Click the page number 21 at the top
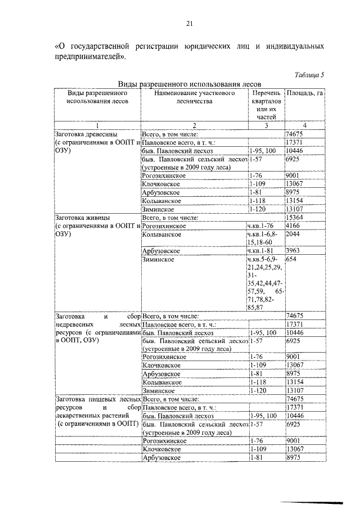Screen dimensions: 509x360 click(x=190, y=23)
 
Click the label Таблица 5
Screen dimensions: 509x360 click(x=309, y=74)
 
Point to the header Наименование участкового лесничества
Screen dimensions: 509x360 click(x=194, y=97)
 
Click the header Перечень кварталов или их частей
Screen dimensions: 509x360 click(x=266, y=105)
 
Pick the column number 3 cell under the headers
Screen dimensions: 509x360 click(x=266, y=125)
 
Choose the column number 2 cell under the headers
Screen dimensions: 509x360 click(x=194, y=125)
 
